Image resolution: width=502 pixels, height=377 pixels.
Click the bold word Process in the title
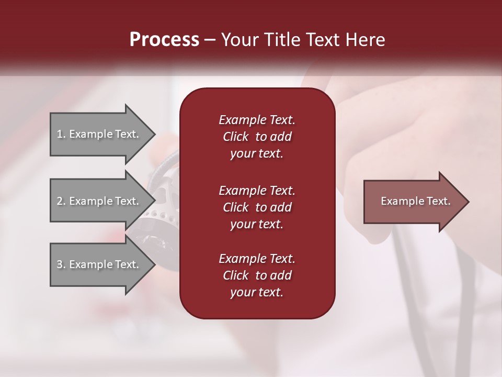pos(164,40)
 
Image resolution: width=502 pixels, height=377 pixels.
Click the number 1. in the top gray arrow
pos(61,135)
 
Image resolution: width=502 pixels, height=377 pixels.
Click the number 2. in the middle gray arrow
pos(61,201)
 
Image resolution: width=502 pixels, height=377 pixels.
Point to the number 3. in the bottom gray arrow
pos(61,264)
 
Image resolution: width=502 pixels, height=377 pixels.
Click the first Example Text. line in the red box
pos(257,120)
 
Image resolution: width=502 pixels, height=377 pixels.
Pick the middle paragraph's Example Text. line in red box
pos(257,191)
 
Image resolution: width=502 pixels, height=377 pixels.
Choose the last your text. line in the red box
pos(257,293)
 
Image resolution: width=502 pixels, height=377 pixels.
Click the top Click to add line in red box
pos(257,137)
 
